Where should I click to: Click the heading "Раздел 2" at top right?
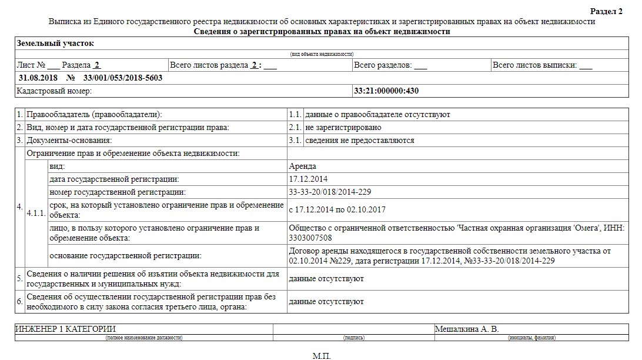pyautogui.click(x=606, y=12)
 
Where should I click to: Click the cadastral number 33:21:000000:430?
pyautogui.click(x=386, y=91)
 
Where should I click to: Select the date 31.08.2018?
pyautogui.click(x=38, y=78)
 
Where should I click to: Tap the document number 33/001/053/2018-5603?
pyautogui.click(x=123, y=78)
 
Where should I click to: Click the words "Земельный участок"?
pyautogui.click(x=55, y=44)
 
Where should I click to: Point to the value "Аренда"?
pyautogui.click(x=303, y=166)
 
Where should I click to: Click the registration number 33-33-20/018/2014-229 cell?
pyautogui.click(x=330, y=192)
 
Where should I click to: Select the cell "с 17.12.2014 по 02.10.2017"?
pyautogui.click(x=337, y=209)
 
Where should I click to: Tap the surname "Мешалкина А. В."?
pyautogui.click(x=467, y=329)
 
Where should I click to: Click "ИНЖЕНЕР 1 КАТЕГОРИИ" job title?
pyautogui.click(x=65, y=329)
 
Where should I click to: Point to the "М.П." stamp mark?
pyautogui.click(x=322, y=356)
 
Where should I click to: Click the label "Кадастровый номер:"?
pyautogui.click(x=55, y=91)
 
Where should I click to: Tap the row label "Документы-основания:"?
pyautogui.click(x=69, y=141)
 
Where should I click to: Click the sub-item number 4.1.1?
pyautogui.click(x=36, y=213)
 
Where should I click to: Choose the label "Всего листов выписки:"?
pyautogui.click(x=534, y=65)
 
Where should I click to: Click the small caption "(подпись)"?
pyautogui.click(x=353, y=338)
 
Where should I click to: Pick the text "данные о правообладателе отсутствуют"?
pyautogui.click(x=377, y=115)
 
